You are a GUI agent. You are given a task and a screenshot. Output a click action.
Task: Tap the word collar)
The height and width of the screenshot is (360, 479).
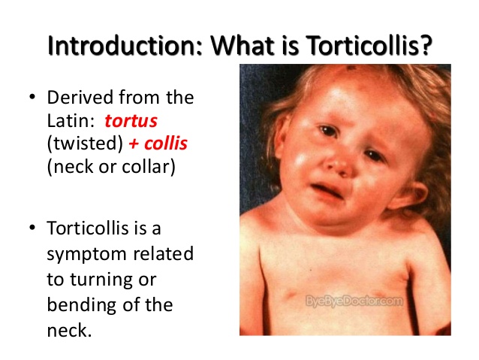click(146, 165)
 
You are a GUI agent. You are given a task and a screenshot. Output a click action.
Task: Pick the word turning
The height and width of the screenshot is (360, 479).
click(103, 279)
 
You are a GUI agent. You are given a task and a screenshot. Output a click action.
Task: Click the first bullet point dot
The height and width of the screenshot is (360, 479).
click(32, 98)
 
